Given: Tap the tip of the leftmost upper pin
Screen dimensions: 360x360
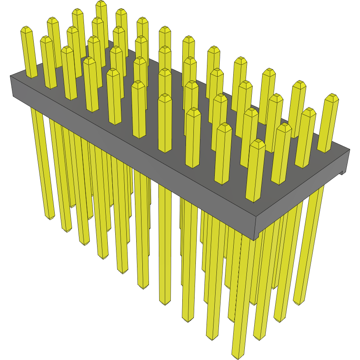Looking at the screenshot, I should tap(26, 29).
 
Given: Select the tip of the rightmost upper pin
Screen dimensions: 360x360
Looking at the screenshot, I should tap(331, 97).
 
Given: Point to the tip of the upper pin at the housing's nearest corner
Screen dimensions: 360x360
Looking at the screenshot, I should tap(258, 142).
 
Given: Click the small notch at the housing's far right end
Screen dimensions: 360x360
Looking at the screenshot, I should tap(341, 172).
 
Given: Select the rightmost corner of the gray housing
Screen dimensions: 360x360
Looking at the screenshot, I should tap(350, 150).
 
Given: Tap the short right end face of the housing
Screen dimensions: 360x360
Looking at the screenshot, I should tap(302, 193).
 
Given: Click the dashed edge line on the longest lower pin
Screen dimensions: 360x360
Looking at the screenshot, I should tap(236, 288).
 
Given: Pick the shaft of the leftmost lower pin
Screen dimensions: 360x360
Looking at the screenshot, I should tap(42, 165).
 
